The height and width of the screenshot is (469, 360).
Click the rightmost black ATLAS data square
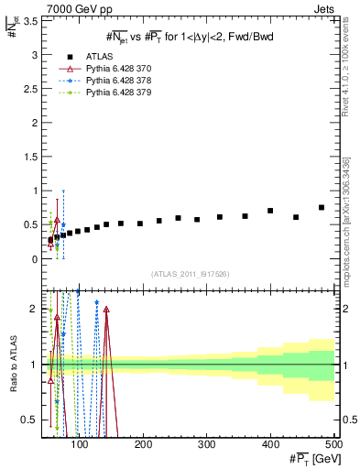[x=322, y=207]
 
